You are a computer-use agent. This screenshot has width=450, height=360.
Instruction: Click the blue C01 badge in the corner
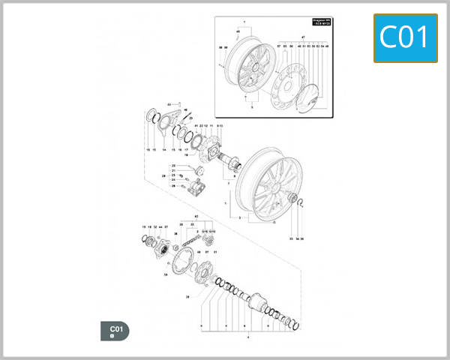tap(405, 37)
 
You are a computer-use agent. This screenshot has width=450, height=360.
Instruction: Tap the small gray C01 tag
tap(115, 330)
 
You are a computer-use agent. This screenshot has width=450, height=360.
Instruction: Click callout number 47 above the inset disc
tap(303, 36)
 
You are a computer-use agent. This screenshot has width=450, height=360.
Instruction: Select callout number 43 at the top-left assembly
tap(169, 103)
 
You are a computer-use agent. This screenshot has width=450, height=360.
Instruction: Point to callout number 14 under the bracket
tap(163, 149)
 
